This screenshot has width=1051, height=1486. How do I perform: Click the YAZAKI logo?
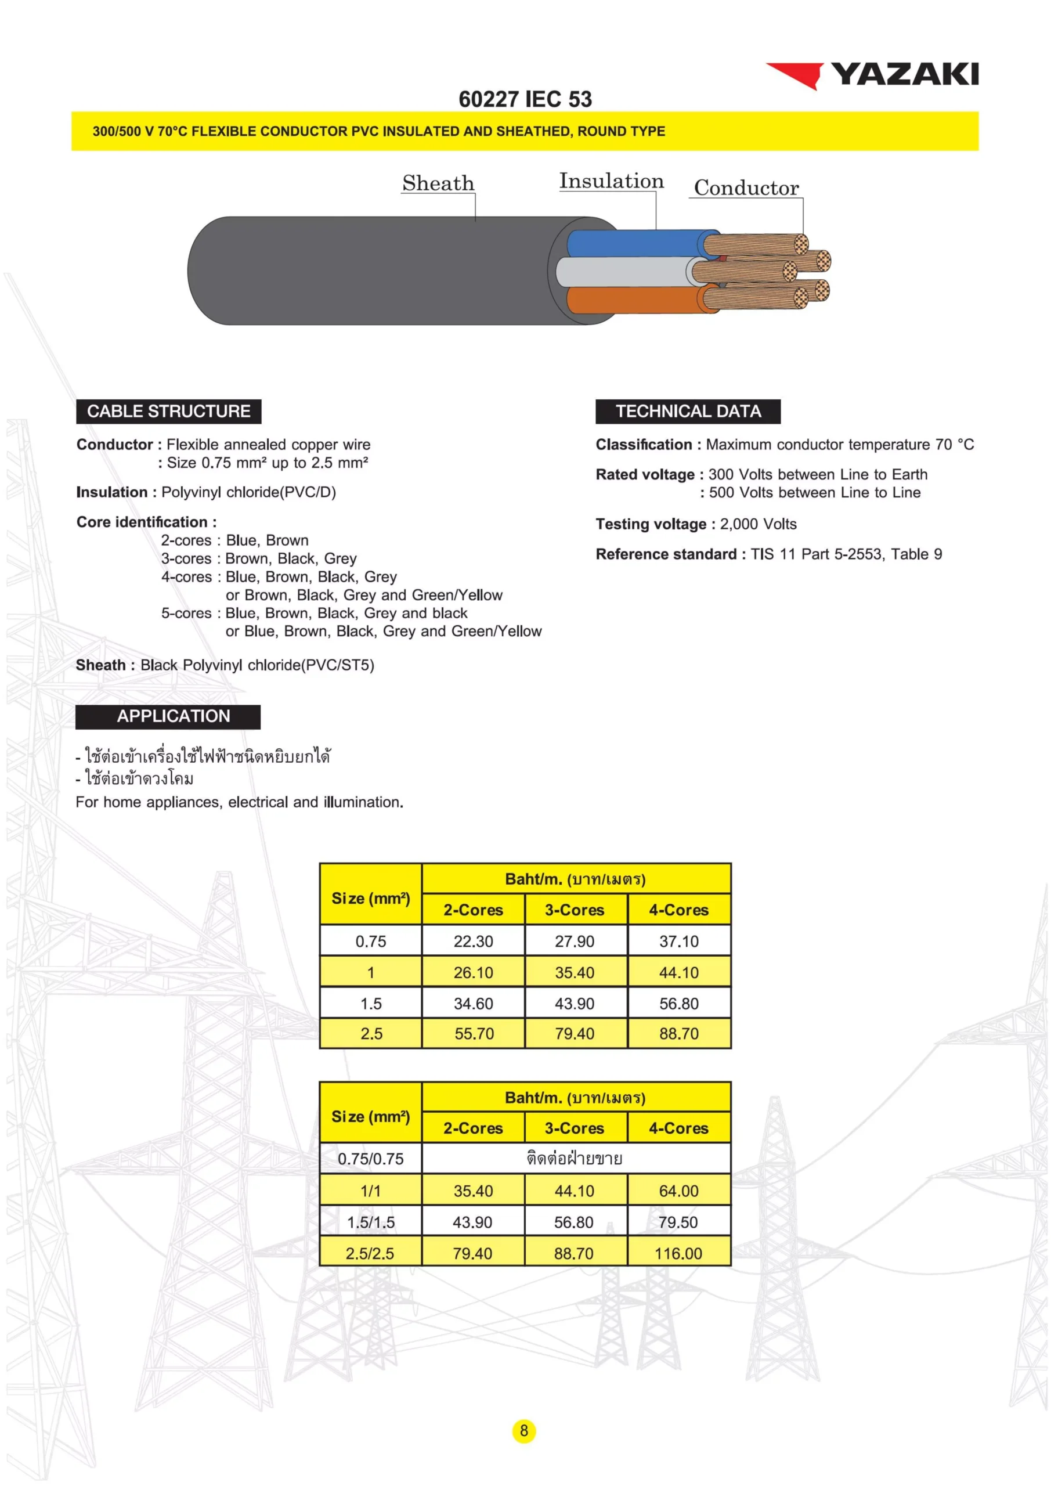(x=872, y=75)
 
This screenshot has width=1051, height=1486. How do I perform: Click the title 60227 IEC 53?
(x=525, y=99)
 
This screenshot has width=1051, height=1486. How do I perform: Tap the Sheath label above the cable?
(x=438, y=183)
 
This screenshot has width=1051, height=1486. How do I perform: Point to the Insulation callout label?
(x=611, y=181)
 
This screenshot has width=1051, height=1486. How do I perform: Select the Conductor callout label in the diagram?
(x=746, y=187)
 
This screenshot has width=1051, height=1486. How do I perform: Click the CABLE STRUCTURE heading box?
(x=168, y=412)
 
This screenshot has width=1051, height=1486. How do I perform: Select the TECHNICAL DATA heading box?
(x=687, y=412)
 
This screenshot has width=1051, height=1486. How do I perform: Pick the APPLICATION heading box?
(x=168, y=716)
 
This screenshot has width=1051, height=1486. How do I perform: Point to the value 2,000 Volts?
(x=758, y=524)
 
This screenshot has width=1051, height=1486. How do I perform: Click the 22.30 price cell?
(x=473, y=941)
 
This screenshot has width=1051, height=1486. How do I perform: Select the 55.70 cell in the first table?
(x=474, y=1034)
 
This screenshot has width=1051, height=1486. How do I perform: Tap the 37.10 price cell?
(x=679, y=941)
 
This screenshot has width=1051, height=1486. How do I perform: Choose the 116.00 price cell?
(x=678, y=1254)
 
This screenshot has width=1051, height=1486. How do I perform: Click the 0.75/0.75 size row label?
(x=370, y=1159)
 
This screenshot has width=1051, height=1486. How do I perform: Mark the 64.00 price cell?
(x=679, y=1191)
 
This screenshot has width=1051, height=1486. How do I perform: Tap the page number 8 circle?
(x=523, y=1430)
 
